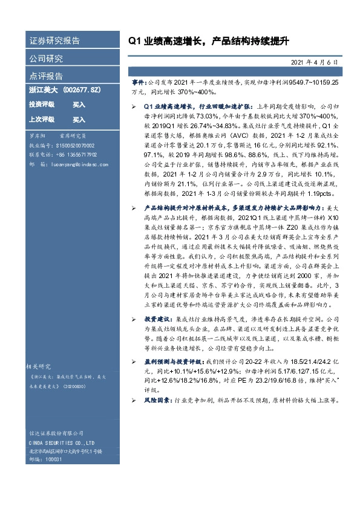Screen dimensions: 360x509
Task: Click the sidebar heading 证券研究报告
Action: point(54,41)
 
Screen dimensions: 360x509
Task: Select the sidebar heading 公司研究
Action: point(46,59)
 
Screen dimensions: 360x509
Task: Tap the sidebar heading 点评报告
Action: point(46,76)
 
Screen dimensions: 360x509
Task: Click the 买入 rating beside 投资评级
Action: point(79,104)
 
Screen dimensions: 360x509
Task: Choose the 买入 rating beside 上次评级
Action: point(79,119)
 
